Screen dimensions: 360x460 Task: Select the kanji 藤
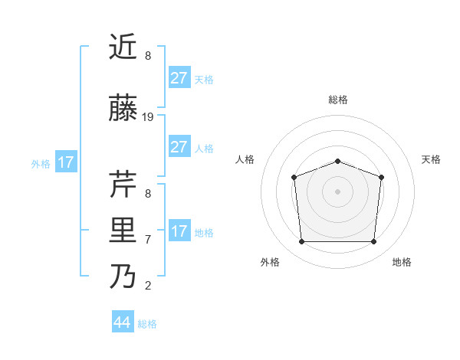(123, 110)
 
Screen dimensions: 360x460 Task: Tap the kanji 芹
(123, 183)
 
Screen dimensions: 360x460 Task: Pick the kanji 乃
(123, 277)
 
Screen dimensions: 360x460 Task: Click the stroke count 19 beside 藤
(148, 117)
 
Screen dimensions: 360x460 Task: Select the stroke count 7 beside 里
(148, 239)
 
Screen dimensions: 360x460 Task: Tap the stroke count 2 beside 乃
(148, 286)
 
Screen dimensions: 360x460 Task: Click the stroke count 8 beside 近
(148, 56)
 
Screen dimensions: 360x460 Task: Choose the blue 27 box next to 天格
(179, 78)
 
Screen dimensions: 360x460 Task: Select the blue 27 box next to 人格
(179, 147)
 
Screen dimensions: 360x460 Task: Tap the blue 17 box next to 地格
(179, 231)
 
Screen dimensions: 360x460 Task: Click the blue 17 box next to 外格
(66, 162)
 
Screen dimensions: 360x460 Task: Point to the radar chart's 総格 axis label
(337, 100)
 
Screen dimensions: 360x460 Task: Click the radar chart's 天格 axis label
(431, 159)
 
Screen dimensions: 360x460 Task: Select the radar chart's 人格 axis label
(245, 159)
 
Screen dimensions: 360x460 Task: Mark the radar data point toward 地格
(374, 242)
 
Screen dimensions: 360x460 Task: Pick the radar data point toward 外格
(301, 242)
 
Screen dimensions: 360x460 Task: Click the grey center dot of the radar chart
(337, 191)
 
